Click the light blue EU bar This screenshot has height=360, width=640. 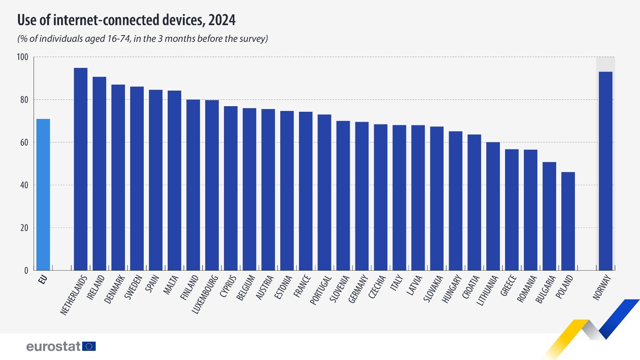coord(43,194)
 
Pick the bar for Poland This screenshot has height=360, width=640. coord(568,221)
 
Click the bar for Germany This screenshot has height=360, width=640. coord(362,196)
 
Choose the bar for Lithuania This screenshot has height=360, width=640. coord(493,206)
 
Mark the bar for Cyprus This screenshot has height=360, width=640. coord(230,188)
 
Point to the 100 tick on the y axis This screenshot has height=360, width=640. coord(22,57)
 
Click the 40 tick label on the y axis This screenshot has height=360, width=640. coord(24,185)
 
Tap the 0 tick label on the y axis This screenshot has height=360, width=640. coord(26,271)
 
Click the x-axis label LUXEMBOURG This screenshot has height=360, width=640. coord(205,294)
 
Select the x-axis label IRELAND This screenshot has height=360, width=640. coord(96,287)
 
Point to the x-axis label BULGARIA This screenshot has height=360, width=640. coord(545,289)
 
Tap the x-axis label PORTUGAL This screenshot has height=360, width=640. coord(321,290)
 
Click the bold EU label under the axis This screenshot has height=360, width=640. coord(43,279)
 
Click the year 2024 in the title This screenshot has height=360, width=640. coord(222,20)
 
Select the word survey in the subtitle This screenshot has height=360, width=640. coord(253,39)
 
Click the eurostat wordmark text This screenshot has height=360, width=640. coord(53,346)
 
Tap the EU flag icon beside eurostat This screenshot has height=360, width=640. coord(89,346)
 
